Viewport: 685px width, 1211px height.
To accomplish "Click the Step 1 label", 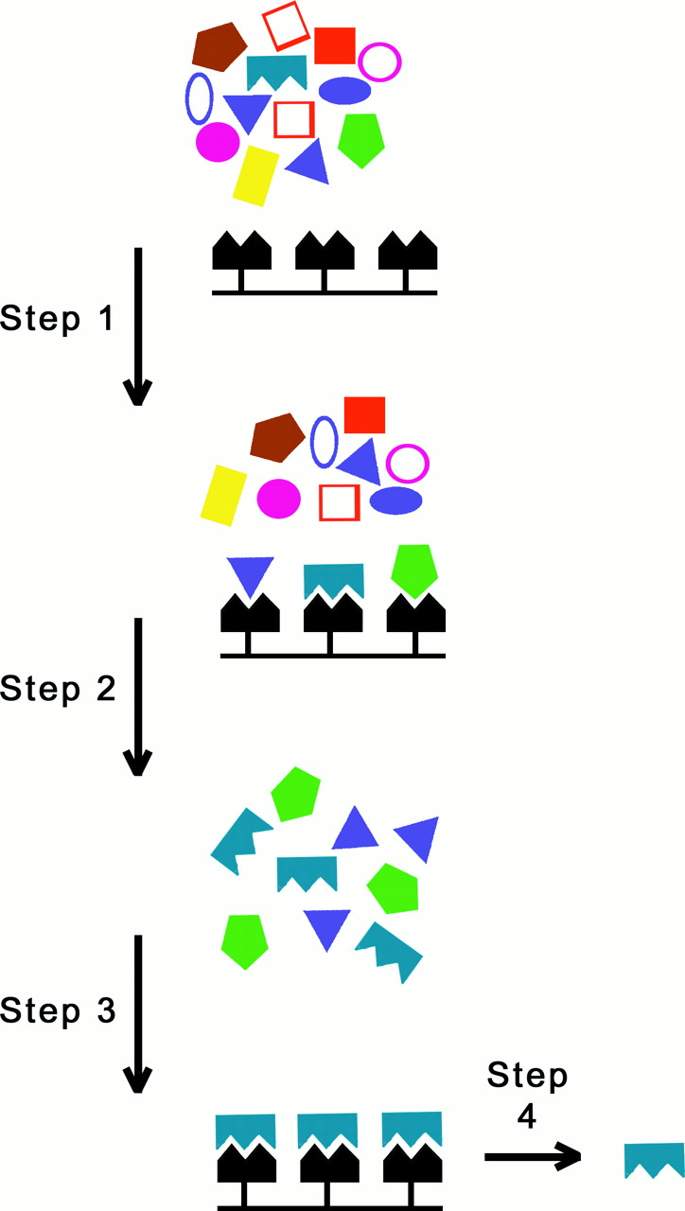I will coord(58,319).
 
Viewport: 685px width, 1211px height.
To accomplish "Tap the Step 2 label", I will coord(58,689).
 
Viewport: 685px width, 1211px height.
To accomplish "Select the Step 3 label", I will coord(58,1011).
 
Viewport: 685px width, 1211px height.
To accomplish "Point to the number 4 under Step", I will coord(527,1117).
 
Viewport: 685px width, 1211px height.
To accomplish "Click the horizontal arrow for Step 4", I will coord(531,1155).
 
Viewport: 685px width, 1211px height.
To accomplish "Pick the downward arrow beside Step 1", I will coord(138,325).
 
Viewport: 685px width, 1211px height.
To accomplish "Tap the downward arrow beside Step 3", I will coord(138,1012).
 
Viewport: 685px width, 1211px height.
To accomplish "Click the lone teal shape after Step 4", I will coord(654,1159).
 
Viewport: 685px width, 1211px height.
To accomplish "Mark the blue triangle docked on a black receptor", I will coord(250,574).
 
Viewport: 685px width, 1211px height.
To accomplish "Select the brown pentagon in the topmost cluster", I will coord(219,45).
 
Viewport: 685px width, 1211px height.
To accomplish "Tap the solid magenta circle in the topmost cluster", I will coord(218,142).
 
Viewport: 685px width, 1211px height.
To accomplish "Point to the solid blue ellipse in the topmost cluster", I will coord(344,90).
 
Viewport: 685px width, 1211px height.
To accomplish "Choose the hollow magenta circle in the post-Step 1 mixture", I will coord(408,464).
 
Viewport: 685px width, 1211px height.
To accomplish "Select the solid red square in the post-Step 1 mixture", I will coord(364,415).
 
